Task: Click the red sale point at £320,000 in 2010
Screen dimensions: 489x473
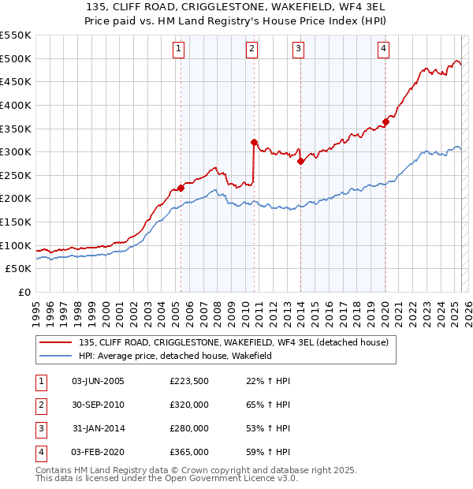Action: click(x=254, y=143)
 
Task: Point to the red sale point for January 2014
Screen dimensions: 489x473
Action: click(x=300, y=161)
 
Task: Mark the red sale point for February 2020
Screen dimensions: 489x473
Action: click(x=385, y=121)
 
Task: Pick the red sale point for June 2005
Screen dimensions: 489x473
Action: click(x=181, y=188)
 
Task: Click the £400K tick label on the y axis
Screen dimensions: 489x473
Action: click(x=16, y=105)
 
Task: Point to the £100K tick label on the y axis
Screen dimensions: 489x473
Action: click(x=16, y=245)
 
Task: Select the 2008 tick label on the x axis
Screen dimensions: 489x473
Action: click(x=217, y=311)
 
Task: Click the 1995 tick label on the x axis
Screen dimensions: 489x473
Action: click(x=36, y=311)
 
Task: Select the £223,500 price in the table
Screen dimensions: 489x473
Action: click(x=188, y=381)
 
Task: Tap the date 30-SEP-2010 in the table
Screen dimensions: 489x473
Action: click(x=98, y=405)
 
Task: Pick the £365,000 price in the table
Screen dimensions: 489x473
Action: click(x=188, y=452)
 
